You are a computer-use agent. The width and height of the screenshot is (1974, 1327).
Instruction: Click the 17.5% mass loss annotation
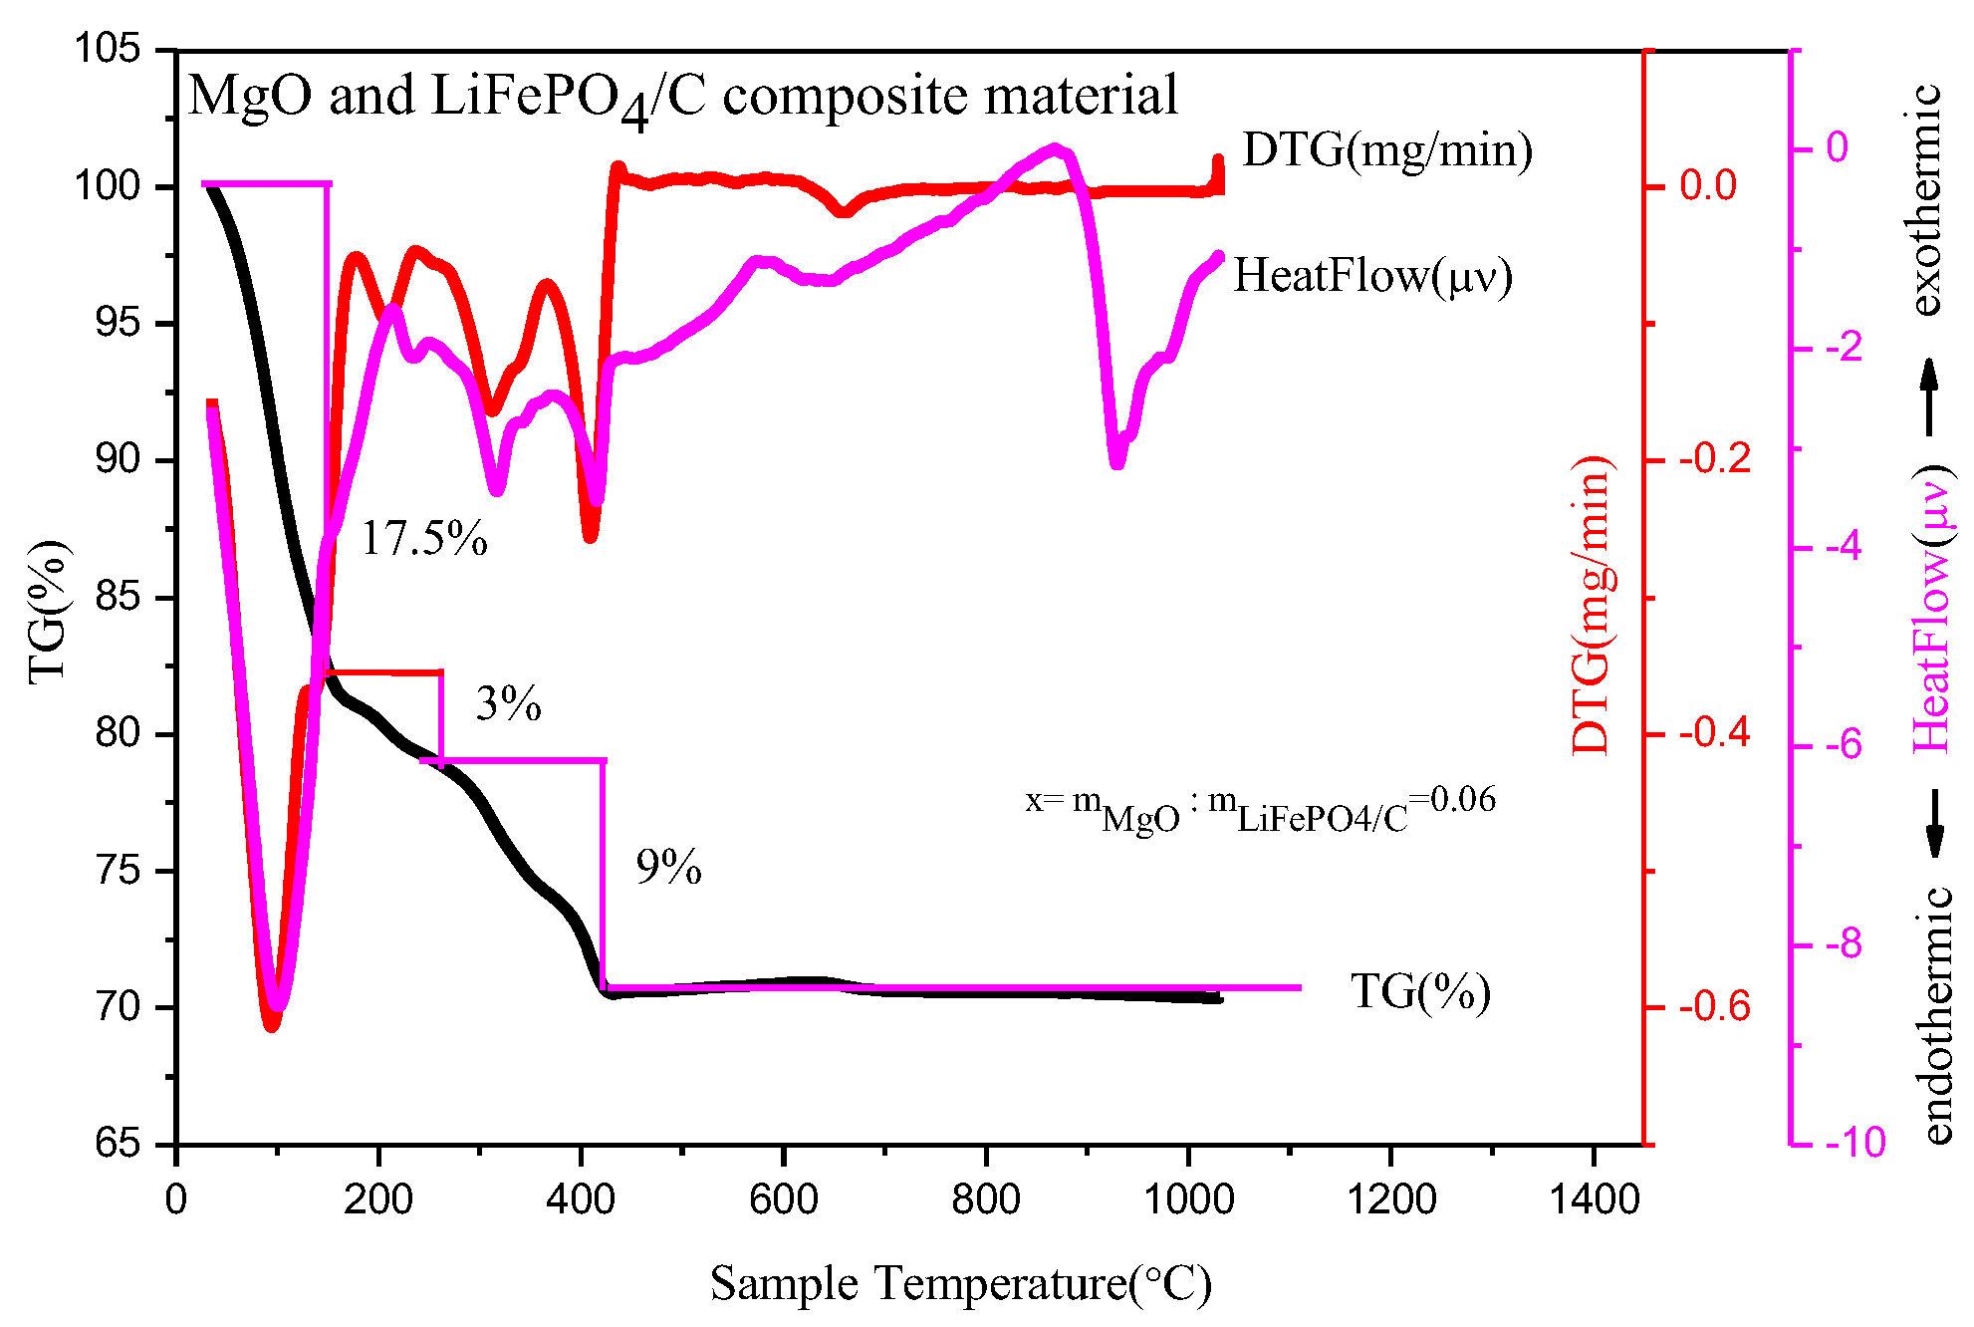click(x=423, y=539)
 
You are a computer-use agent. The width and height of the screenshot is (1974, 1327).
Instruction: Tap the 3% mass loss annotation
click(x=508, y=704)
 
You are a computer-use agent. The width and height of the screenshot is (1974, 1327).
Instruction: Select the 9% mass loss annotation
click(x=668, y=868)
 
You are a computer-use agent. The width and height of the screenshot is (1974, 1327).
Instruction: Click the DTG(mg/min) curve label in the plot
click(x=1386, y=151)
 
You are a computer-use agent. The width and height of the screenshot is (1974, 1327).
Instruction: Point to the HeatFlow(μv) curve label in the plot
click(x=1372, y=276)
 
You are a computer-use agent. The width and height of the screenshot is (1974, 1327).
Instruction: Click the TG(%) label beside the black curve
click(x=1420, y=991)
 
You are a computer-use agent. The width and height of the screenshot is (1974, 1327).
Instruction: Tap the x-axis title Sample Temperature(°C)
click(x=960, y=1283)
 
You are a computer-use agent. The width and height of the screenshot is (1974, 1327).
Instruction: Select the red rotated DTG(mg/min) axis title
click(x=1591, y=605)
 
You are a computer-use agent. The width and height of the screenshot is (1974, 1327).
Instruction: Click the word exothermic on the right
click(x=1927, y=199)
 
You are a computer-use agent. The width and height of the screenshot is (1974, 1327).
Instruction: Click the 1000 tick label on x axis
click(x=1188, y=1199)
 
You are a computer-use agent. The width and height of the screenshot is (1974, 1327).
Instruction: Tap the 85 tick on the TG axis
click(x=117, y=598)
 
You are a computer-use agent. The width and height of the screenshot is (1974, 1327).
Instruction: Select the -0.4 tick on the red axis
click(x=1714, y=733)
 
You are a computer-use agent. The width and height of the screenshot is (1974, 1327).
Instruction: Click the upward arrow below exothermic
click(x=1929, y=397)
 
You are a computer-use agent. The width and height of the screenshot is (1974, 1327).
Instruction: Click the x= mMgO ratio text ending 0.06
click(x=1260, y=809)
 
